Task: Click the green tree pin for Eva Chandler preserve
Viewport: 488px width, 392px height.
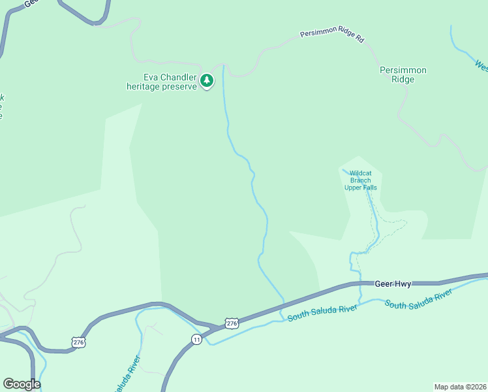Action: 207,80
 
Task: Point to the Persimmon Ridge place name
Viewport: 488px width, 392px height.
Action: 403,74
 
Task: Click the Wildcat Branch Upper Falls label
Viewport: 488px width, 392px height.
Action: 360,180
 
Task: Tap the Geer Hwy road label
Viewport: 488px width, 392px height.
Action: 393,284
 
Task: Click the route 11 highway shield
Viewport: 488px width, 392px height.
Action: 196,338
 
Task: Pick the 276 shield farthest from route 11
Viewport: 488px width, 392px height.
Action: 78,342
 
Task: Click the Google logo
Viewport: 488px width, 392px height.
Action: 22,384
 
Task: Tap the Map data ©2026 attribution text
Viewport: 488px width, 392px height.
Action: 460,386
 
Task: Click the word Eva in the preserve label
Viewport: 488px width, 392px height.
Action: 142,76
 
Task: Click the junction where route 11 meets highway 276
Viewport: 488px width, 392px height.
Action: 214,327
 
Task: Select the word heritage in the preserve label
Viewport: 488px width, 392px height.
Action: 144,86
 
